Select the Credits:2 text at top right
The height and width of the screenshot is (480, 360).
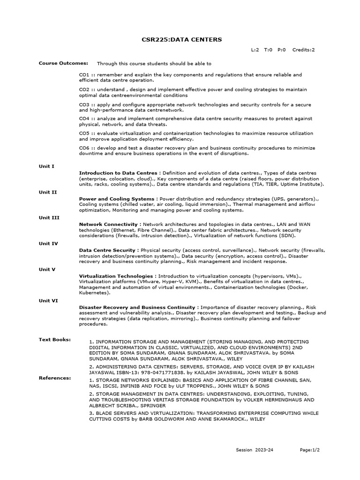point(304,50)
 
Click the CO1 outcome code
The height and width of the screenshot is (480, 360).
point(84,75)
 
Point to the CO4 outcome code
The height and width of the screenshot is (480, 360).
point(84,119)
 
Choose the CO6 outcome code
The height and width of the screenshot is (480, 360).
point(84,148)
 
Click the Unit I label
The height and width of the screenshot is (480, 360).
point(46,166)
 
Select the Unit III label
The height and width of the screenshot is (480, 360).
point(49,217)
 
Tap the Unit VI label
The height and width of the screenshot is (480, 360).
point(48,300)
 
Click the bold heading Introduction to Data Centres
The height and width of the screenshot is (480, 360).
point(119,173)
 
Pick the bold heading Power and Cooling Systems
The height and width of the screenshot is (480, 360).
point(117,199)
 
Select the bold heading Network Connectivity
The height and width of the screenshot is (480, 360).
point(108,225)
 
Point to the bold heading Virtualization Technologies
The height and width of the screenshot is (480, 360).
point(117,276)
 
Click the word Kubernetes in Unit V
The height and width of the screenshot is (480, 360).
point(94,292)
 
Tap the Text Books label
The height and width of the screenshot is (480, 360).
point(55,339)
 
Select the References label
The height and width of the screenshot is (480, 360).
point(55,377)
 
